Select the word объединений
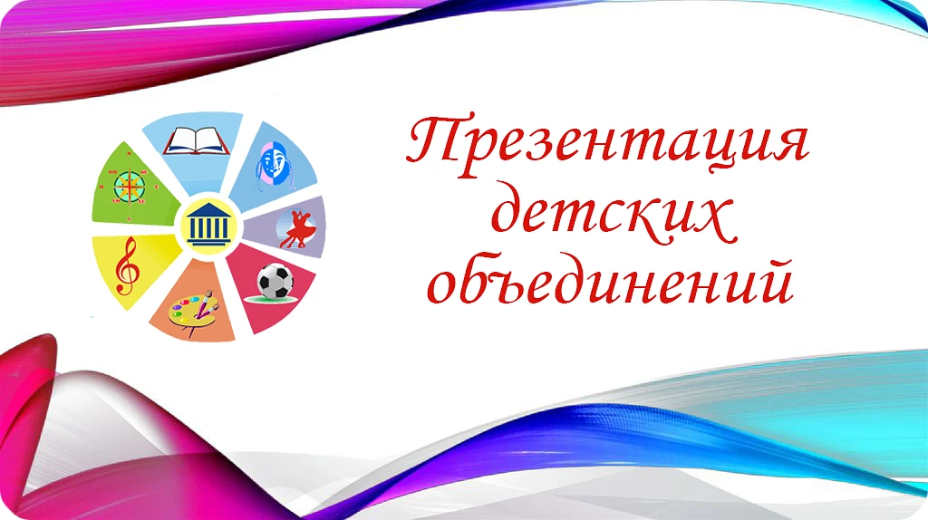coord(610,280)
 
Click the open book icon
coord(197,140)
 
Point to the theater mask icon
coord(275,168)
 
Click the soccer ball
coord(275,282)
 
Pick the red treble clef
coord(127,265)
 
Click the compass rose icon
coord(130,187)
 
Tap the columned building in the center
coord(209,225)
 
